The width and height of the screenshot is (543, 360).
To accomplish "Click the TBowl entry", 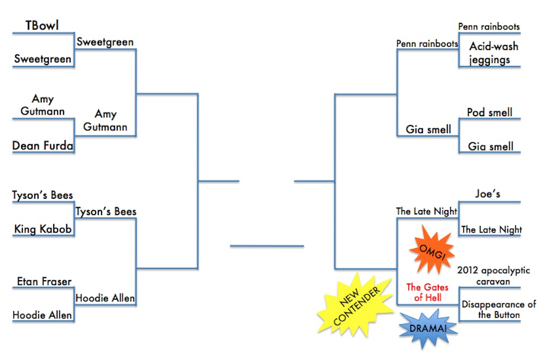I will pos(42,26).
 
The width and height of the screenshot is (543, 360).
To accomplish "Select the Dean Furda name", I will pos(43,146).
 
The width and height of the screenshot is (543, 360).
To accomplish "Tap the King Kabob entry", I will pos(43,229).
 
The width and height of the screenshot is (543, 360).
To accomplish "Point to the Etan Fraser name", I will pos(44,281).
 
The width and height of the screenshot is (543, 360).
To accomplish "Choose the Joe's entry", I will pos(487,193).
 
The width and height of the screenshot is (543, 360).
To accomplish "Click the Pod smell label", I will pos(489,112).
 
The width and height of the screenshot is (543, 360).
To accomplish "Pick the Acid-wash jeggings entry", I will pos(489,53).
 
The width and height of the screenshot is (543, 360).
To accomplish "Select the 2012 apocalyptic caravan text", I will pos(494,276).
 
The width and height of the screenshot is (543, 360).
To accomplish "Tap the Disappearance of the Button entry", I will pos(491,310).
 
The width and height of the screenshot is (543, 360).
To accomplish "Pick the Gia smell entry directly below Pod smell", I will pos(490,147).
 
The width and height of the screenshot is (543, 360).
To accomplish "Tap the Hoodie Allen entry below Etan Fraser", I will pos(42,315).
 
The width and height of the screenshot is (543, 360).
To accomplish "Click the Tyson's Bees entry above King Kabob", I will pos(42,195).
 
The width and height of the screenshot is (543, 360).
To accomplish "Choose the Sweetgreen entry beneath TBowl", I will pos(42,59).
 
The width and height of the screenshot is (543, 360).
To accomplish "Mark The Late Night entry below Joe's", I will pos(491,230).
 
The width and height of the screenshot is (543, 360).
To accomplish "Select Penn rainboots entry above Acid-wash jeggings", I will pos(489,27).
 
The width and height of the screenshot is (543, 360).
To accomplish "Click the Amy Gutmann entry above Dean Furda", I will pos(42,105).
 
